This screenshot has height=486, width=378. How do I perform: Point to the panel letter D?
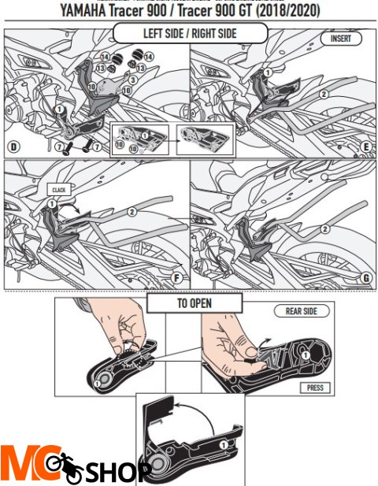13,147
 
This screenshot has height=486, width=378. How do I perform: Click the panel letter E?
365,147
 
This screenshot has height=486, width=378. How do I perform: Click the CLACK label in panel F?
58,190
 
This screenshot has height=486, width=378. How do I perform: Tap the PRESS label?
316,388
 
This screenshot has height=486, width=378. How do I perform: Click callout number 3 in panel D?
133,80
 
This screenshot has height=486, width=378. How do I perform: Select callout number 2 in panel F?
132,211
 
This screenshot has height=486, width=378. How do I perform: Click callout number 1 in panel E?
266,72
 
